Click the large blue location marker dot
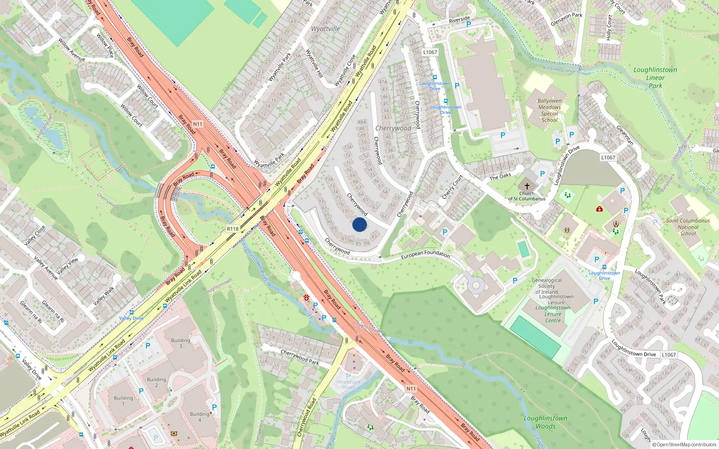(x=359, y=224)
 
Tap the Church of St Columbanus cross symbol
(x=527, y=186)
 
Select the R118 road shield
(x=233, y=229)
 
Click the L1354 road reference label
(x=608, y=157)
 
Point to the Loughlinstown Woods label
(x=546, y=422)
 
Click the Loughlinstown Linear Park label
(x=655, y=78)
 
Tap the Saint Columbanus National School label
(x=688, y=227)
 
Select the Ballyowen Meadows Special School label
(x=550, y=110)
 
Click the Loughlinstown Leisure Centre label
(x=553, y=314)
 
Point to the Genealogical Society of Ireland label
(x=546, y=286)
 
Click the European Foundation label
(x=425, y=254)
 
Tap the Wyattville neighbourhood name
(x=325, y=29)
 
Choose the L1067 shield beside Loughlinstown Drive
(x=668, y=355)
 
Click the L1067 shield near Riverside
(x=430, y=52)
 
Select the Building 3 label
(x=181, y=343)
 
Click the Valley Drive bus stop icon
(x=131, y=312)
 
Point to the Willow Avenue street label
(x=71, y=49)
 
